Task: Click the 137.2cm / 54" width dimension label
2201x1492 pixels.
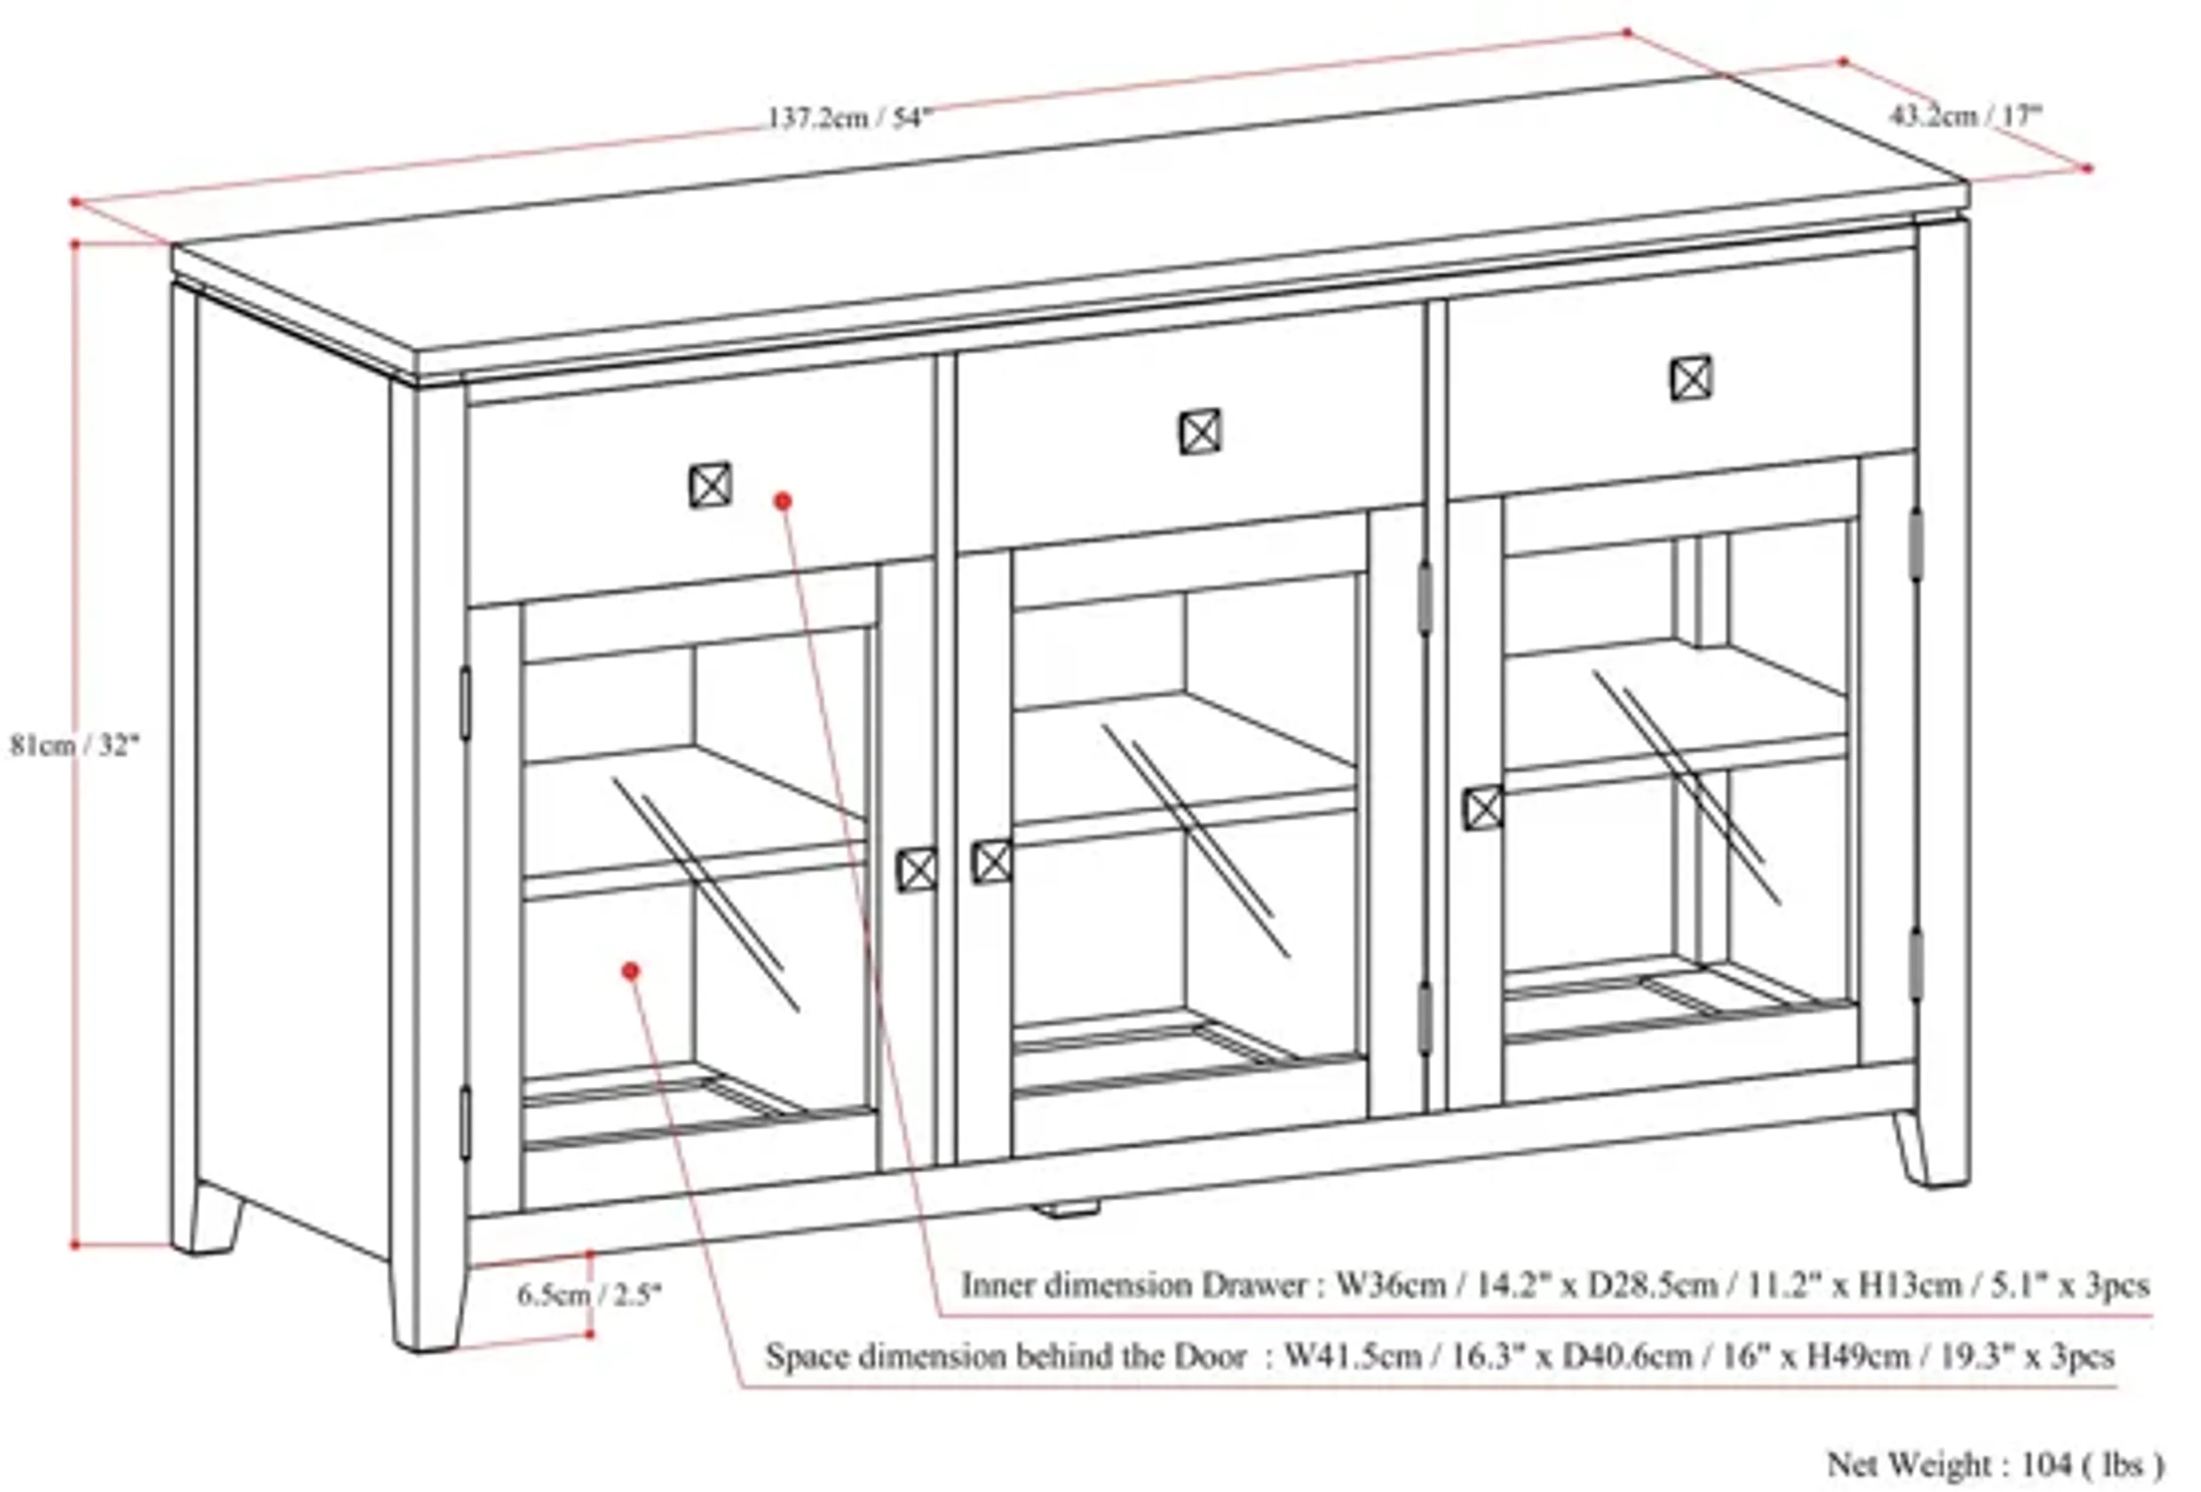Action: click(x=849, y=119)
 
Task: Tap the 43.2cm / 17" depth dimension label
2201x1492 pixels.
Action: click(x=1966, y=116)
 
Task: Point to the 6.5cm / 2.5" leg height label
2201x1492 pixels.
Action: click(x=589, y=1294)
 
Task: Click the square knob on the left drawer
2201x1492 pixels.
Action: click(x=710, y=486)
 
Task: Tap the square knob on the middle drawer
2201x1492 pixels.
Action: click(x=1201, y=433)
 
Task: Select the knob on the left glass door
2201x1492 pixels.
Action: click(x=917, y=870)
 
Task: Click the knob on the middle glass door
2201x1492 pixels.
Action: click(x=992, y=862)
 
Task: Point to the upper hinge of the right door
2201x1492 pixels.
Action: click(x=1915, y=544)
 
